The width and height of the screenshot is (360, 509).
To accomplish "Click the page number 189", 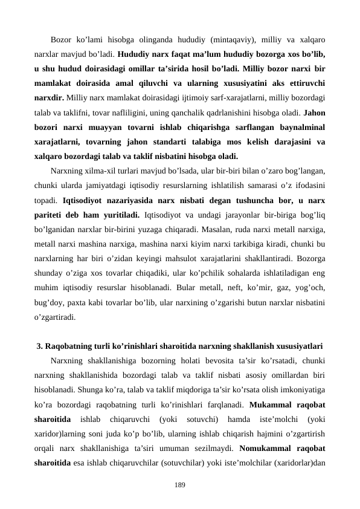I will point(179,485).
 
